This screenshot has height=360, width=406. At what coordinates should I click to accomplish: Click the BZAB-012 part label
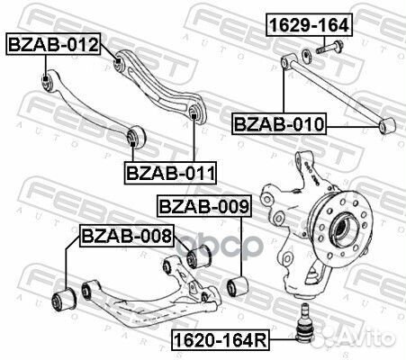click(53, 43)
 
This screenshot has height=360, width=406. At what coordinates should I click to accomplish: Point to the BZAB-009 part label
click(203, 207)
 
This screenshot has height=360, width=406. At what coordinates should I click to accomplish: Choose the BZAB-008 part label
click(125, 237)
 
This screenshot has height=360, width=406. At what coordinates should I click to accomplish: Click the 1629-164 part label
click(308, 26)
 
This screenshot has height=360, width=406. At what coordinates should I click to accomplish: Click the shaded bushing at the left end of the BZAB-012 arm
click(48, 83)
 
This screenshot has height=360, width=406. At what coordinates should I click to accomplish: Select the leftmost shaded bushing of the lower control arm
click(65, 297)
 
